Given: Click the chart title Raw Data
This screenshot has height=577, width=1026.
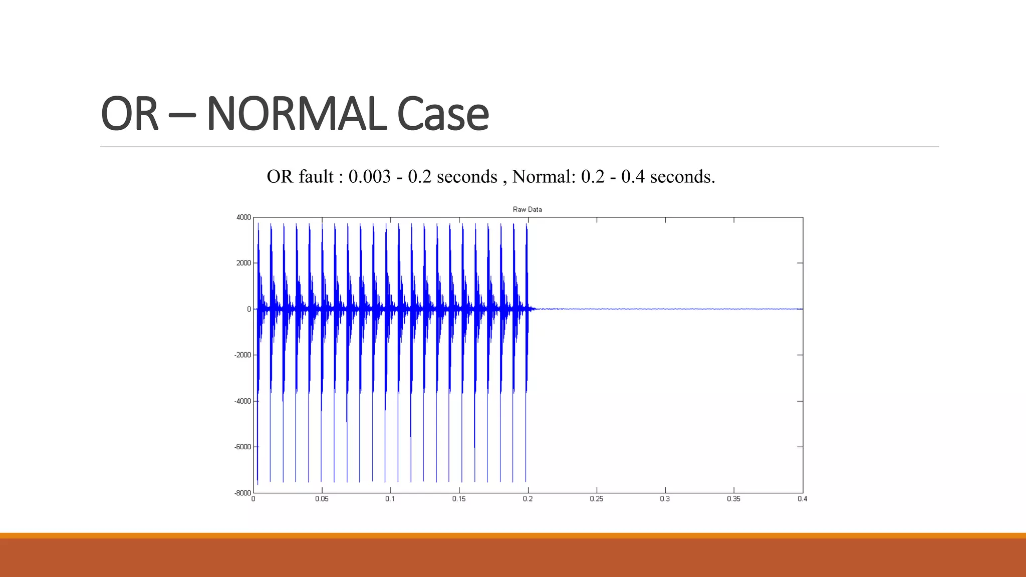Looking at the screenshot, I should coord(527,209).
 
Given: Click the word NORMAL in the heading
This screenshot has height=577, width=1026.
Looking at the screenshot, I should coord(296,114).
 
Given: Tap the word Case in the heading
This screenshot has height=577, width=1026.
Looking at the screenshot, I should coord(442,114).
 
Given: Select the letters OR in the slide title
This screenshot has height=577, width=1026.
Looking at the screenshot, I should coord(129,114).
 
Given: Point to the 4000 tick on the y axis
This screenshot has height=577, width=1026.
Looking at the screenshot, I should coord(243,217).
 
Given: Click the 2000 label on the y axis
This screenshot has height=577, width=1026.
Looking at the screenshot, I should coord(243,263).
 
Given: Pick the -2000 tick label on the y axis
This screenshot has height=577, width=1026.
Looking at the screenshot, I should coord(242,355).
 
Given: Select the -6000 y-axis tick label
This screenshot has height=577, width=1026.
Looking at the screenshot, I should coord(242,447).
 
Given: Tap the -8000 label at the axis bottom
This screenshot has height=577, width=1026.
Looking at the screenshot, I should coord(242,493).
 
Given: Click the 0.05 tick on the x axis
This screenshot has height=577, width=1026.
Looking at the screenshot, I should coord(322,499).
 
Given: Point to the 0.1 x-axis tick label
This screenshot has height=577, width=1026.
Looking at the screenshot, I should coord(390,499).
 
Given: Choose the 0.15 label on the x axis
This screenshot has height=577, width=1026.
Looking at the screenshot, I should coord(459,499).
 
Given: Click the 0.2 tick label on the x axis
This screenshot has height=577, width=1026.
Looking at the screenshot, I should coord(528,499).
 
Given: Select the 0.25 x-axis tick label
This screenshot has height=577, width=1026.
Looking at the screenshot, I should coord(596,499).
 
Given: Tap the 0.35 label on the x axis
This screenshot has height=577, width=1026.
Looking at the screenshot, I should coord(733,499).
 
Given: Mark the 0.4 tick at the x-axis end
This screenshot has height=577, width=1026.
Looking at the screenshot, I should coord(802,499).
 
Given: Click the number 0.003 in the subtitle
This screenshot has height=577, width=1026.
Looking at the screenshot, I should coord(369,177).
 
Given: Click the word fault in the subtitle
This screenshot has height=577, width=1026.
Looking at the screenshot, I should coord(316,177).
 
